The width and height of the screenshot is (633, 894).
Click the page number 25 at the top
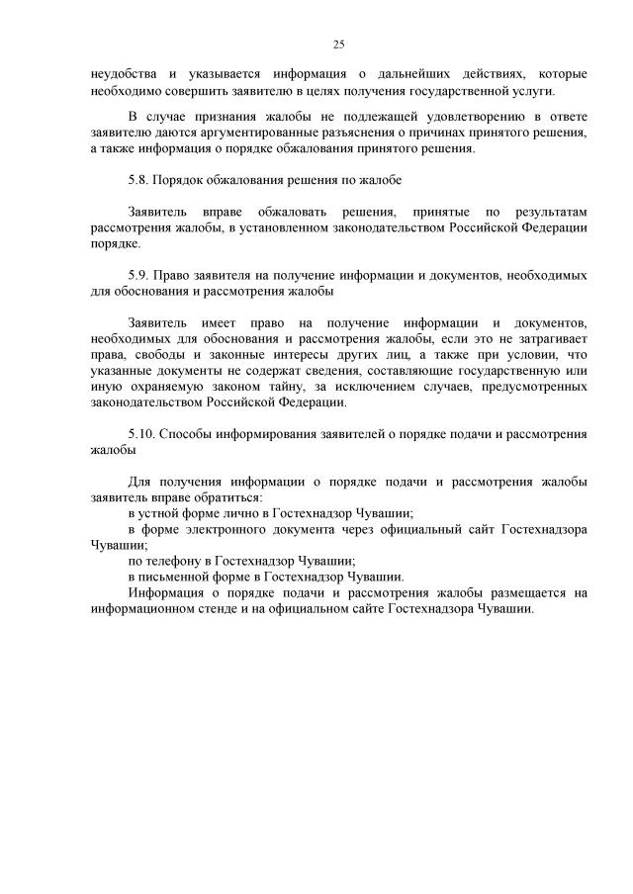338,45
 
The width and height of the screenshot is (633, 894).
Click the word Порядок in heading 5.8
184,180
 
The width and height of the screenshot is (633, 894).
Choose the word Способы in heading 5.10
190,434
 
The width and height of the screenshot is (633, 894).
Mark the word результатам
552,212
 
